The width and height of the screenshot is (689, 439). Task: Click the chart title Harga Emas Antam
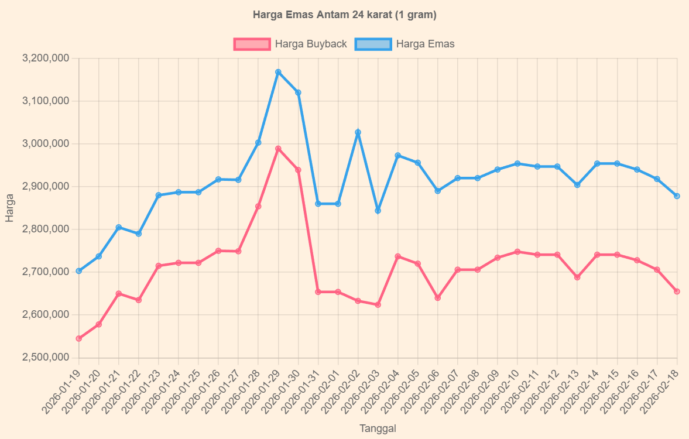[344, 15]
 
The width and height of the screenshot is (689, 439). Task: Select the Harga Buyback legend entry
[291, 44]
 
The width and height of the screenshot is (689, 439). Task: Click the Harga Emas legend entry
[405, 44]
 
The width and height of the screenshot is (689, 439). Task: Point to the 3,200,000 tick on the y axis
[45, 59]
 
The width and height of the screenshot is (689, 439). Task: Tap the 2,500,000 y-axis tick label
[45, 358]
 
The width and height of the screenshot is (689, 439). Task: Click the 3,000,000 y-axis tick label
[45, 144]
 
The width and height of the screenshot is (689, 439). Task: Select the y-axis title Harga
[9, 208]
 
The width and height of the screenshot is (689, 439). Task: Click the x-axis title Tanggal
[378, 428]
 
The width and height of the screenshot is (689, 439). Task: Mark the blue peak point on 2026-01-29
[278, 72]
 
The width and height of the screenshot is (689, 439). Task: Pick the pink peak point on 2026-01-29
[278, 149]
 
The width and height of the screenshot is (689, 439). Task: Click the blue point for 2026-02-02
[358, 132]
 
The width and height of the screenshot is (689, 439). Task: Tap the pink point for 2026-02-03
[378, 305]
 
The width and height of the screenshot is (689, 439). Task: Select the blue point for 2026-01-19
[79, 271]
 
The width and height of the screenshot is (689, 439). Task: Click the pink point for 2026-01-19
[79, 338]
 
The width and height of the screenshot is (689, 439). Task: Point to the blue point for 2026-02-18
[677, 196]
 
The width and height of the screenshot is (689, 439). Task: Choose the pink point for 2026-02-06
[437, 298]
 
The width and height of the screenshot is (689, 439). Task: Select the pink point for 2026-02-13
[577, 277]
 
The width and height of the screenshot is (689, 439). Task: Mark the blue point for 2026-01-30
[298, 92]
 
